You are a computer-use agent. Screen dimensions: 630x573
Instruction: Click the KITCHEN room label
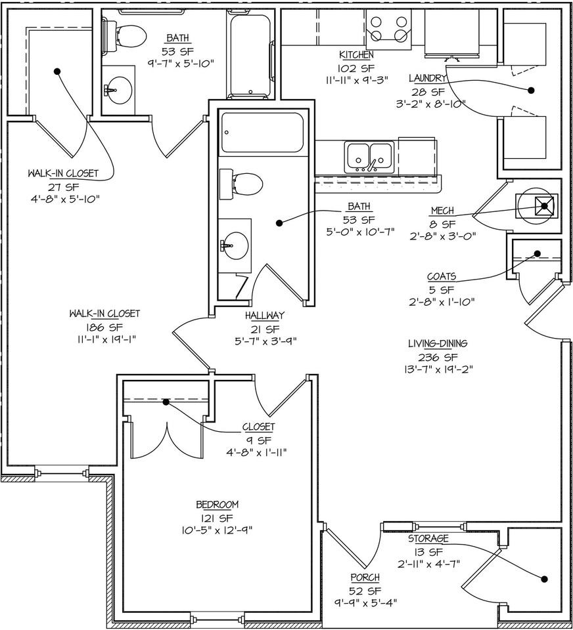pyautogui.click(x=356, y=55)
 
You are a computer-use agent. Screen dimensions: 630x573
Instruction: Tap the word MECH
pyautogui.click(x=443, y=211)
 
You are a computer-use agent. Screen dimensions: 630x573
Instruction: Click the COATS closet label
pyautogui.click(x=442, y=277)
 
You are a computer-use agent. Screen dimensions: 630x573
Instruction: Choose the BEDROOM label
pyautogui.click(x=217, y=505)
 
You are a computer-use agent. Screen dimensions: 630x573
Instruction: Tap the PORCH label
pyautogui.click(x=365, y=577)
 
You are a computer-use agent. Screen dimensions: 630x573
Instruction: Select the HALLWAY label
pyautogui.click(x=264, y=316)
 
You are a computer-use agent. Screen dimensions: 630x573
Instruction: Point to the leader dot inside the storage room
pyautogui.click(x=544, y=579)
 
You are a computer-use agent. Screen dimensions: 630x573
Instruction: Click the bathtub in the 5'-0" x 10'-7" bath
pyautogui.click(x=262, y=133)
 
